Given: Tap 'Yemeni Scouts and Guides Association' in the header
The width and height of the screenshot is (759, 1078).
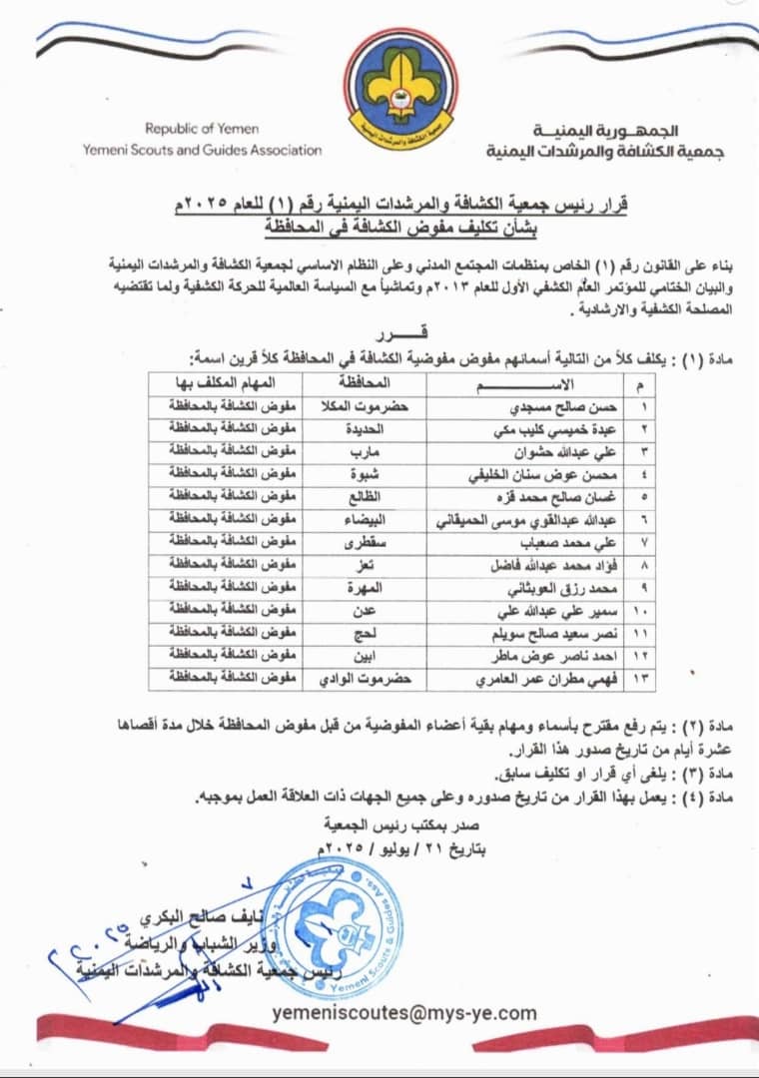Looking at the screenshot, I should [x=204, y=150].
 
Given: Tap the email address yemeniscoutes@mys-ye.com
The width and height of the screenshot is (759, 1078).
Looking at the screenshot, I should [x=403, y=1013].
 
